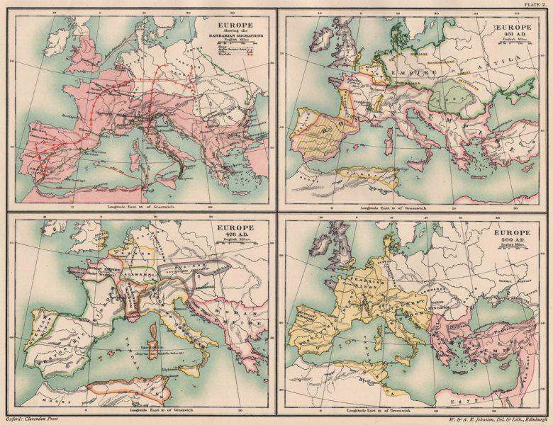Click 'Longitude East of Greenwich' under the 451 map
point(411,205)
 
